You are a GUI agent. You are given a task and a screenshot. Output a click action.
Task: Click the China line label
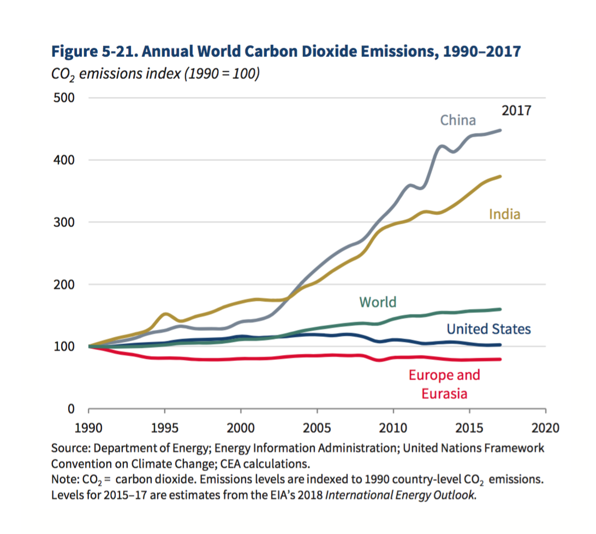[x=458, y=120]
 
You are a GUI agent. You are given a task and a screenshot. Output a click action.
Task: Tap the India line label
[x=504, y=214]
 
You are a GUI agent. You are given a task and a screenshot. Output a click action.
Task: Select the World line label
[x=378, y=302]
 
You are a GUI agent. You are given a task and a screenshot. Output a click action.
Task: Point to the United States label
[x=488, y=328]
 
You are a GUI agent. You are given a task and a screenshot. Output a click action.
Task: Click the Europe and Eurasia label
[x=444, y=384]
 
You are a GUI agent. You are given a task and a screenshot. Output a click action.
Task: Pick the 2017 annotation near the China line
[x=516, y=111]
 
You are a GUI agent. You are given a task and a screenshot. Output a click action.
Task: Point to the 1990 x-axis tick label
[x=88, y=427]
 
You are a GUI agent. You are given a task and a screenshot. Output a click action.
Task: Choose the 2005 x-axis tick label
[x=317, y=427]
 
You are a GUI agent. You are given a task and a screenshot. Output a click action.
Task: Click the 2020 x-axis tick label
[x=545, y=427]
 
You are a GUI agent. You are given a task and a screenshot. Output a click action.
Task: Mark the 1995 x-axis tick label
[x=164, y=427]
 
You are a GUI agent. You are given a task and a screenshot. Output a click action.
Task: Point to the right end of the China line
[x=500, y=130]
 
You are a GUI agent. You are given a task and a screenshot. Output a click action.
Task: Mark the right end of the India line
[x=500, y=176]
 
